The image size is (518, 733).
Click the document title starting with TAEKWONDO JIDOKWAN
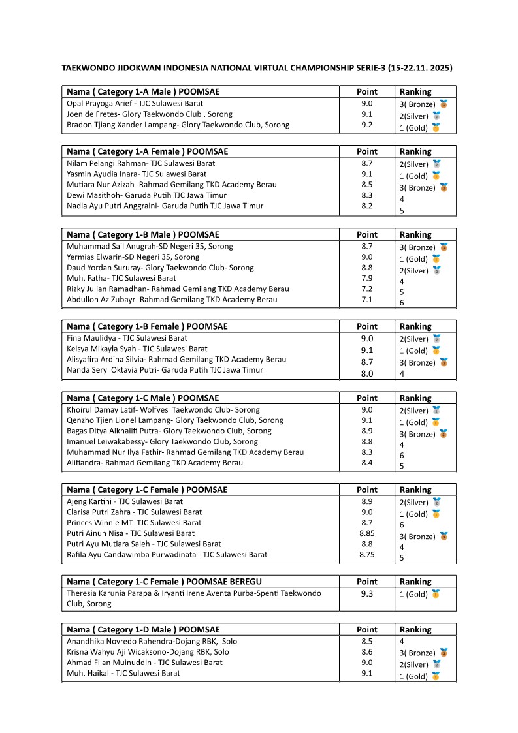tap(257, 67)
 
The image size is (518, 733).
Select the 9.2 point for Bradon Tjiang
tap(366, 125)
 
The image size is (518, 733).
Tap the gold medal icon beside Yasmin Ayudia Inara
tap(436, 176)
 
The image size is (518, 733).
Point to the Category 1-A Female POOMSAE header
tap(143, 151)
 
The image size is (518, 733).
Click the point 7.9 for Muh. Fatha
tap(366, 278)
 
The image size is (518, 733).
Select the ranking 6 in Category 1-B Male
tap(402, 303)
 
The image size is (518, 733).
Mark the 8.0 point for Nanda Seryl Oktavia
tap(366, 373)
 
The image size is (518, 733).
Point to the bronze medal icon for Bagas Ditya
tap(444, 433)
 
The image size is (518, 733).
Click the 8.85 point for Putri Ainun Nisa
tap(366, 533)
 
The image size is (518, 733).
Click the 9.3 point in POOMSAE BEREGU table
tap(366, 594)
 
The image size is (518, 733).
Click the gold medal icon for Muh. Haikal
tap(436, 676)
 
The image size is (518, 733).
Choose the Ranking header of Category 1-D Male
tap(415, 630)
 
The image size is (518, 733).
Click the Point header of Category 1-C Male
tap(366, 398)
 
